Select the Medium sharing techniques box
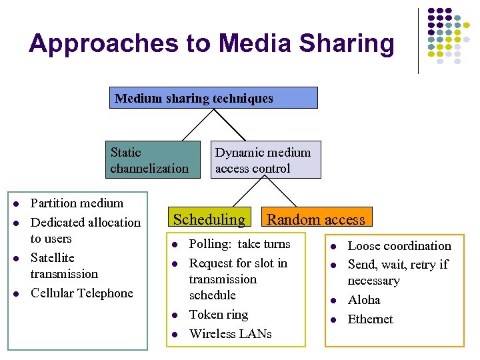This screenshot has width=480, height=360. click(213, 98)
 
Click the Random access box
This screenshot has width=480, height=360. click(316, 219)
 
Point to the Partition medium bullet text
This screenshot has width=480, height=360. click(77, 203)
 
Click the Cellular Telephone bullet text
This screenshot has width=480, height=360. click(82, 293)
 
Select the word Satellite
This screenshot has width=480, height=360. click(53, 258)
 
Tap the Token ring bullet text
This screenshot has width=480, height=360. click(219, 315)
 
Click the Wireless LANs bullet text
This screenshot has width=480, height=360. click(231, 333)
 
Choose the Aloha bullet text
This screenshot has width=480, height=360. click(364, 300)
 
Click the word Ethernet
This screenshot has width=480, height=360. click(371, 319)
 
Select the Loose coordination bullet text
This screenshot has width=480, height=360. click(399, 246)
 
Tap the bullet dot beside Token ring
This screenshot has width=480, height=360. click(173, 315)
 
